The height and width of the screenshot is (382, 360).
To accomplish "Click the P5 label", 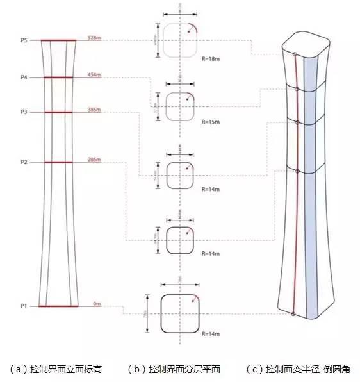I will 24,40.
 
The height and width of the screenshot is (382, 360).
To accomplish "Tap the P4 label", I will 24,78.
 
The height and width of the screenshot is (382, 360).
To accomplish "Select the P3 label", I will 24,112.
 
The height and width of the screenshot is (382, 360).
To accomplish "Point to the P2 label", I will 24,162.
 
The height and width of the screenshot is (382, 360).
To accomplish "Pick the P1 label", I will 24,306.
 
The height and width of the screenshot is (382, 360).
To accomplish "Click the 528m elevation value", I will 94,38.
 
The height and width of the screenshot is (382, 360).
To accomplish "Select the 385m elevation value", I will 94,110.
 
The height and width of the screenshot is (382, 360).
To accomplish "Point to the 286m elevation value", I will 94,160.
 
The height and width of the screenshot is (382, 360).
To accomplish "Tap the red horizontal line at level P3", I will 58,113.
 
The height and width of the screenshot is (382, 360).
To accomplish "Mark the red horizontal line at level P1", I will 58,306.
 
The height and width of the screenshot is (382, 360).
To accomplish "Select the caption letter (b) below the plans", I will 136,369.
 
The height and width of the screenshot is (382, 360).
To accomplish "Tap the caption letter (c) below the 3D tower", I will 254,369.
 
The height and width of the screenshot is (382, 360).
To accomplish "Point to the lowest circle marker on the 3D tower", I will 293,314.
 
